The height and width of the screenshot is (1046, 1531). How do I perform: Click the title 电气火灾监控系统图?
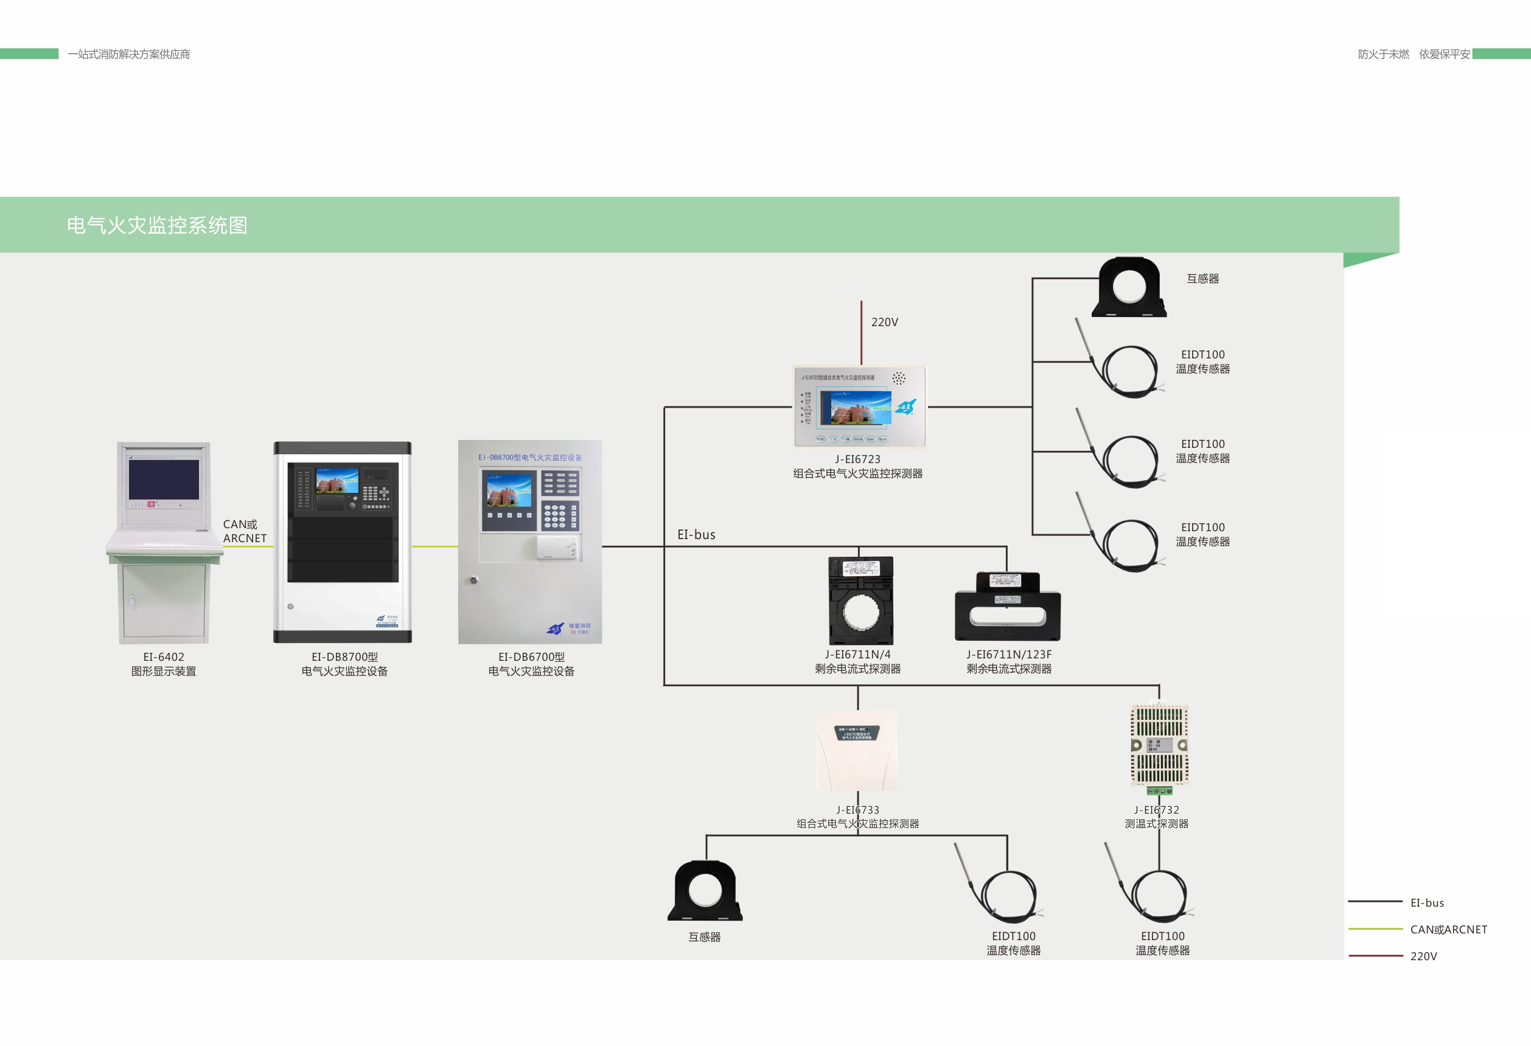[x=157, y=225]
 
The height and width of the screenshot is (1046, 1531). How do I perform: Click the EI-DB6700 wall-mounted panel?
[x=531, y=542]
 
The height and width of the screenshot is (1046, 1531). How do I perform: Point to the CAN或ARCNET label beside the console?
[x=245, y=531]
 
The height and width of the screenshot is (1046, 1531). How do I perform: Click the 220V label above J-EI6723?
[x=884, y=322]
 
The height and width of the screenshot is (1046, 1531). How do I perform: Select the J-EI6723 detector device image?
[x=860, y=406]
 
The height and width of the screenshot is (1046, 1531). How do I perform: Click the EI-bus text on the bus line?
[x=696, y=535]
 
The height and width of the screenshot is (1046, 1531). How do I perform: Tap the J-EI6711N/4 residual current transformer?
[x=860, y=600]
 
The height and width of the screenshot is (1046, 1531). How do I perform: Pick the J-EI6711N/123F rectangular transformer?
[x=1007, y=607]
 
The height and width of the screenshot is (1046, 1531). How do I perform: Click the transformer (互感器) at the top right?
[x=1129, y=288]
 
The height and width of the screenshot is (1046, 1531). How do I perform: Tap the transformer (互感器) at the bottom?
[x=705, y=891]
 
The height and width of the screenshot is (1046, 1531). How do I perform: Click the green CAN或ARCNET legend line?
[x=1375, y=929]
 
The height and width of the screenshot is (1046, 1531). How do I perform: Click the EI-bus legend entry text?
[x=1426, y=902]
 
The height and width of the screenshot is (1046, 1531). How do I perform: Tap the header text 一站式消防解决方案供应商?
[x=128, y=54]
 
